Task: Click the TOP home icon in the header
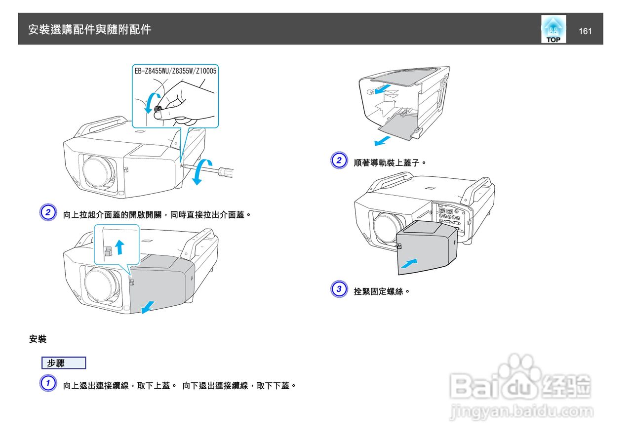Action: [x=553, y=30]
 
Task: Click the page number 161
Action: [x=585, y=32]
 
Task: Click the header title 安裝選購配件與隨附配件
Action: [x=90, y=30]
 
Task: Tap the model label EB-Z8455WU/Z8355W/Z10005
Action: [x=175, y=71]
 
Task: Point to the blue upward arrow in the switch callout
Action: [x=118, y=245]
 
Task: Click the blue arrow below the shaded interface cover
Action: [x=148, y=307]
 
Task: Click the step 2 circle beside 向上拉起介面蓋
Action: [x=47, y=213]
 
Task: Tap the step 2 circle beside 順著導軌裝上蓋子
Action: [x=338, y=161]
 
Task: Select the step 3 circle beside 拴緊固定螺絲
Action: [x=338, y=290]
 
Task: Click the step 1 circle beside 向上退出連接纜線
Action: [x=47, y=384]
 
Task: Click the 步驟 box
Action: [x=64, y=363]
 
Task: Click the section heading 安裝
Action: [x=38, y=339]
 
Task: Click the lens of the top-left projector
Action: [x=99, y=170]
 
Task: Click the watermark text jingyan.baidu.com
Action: [x=521, y=411]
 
